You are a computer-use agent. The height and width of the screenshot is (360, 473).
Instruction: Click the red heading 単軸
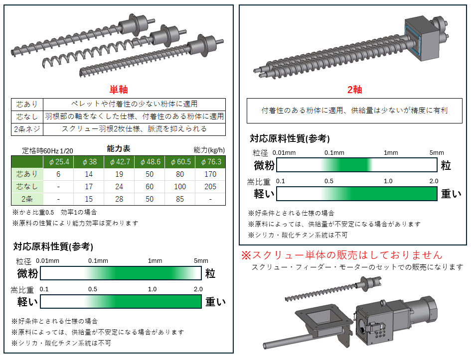(x=119, y=90)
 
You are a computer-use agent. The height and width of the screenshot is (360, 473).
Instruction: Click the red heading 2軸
(x=354, y=90)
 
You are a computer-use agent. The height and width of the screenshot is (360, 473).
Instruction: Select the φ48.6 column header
(x=150, y=162)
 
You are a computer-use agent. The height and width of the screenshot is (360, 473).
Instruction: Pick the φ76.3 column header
(x=210, y=162)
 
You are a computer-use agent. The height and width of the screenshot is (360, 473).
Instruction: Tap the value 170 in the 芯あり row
(x=210, y=174)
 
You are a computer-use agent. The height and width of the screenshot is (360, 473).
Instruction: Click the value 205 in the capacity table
(x=210, y=187)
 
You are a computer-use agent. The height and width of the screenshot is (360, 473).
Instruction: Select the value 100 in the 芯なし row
(x=180, y=187)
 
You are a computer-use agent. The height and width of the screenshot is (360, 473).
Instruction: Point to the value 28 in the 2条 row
(x=119, y=199)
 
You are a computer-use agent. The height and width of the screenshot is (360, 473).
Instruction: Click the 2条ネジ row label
(x=27, y=129)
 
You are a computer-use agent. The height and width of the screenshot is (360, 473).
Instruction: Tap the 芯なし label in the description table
(x=27, y=117)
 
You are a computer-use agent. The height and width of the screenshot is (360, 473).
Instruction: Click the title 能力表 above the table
(x=119, y=148)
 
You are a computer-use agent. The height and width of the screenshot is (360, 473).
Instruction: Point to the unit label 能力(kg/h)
(x=209, y=150)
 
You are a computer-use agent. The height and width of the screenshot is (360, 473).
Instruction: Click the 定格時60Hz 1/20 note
(x=48, y=151)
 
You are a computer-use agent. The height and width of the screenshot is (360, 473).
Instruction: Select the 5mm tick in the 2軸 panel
(x=437, y=153)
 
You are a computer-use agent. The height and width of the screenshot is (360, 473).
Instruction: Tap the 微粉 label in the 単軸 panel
(x=27, y=273)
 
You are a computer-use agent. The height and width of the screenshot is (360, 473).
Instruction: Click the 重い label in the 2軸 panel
(x=451, y=194)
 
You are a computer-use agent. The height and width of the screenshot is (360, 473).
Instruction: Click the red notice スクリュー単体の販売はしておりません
(x=342, y=255)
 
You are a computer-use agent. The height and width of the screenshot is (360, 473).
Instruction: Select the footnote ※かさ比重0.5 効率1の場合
(x=54, y=213)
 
